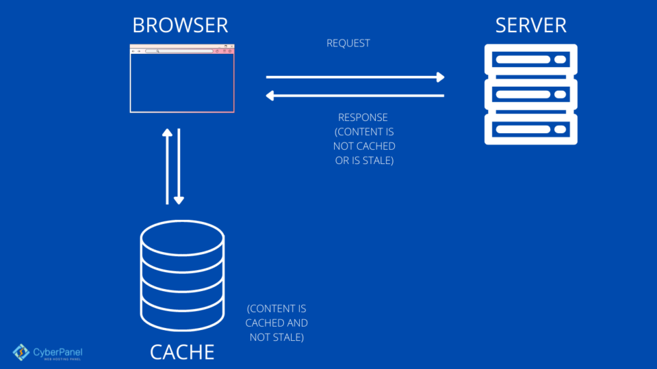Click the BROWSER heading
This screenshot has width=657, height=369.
point(180,26)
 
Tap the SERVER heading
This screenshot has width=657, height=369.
point(530,26)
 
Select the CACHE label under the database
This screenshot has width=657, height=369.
point(182,352)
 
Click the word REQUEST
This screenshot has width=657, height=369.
point(348,43)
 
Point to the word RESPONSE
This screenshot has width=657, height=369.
point(363,118)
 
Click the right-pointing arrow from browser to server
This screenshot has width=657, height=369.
point(355,77)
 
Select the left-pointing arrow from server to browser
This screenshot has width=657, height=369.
point(355,96)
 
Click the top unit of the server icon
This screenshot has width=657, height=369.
point(530,60)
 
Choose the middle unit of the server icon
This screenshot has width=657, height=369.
point(530,94)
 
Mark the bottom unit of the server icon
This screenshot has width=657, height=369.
point(530,128)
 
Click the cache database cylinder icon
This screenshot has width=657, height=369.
point(182,276)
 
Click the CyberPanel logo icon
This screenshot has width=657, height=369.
point(21,352)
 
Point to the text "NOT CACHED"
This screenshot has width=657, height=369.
point(364,146)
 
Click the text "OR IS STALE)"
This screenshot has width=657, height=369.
point(364,161)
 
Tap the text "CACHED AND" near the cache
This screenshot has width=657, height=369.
point(276,323)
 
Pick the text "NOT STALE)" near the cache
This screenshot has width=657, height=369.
point(276,337)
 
